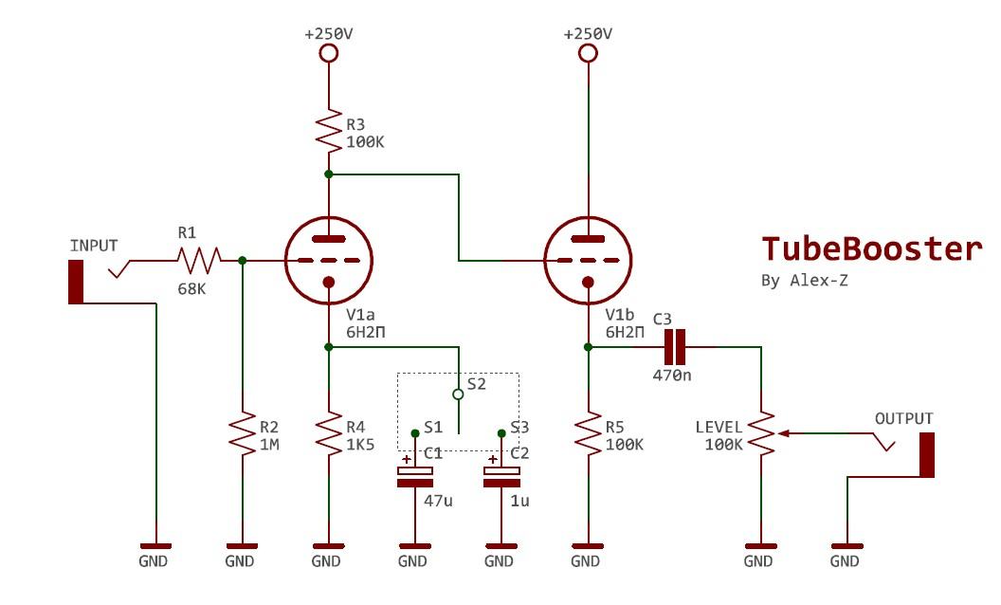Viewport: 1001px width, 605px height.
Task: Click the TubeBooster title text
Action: [x=872, y=248]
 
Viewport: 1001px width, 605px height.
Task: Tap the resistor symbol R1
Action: [x=198, y=258]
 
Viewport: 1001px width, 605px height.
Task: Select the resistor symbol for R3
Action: [x=328, y=133]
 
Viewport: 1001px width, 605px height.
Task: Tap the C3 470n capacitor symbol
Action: [x=674, y=348]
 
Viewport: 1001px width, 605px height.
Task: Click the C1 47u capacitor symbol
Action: [x=414, y=475]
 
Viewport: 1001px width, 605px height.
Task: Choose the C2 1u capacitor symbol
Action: [x=500, y=475]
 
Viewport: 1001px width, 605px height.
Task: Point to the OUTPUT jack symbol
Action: [x=926, y=455]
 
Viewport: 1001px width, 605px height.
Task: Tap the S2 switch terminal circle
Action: [x=458, y=393]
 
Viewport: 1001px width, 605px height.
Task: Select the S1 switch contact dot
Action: [x=414, y=433]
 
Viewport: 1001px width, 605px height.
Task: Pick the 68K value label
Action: [x=191, y=288]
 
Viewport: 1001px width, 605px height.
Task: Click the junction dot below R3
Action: [x=328, y=174]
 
